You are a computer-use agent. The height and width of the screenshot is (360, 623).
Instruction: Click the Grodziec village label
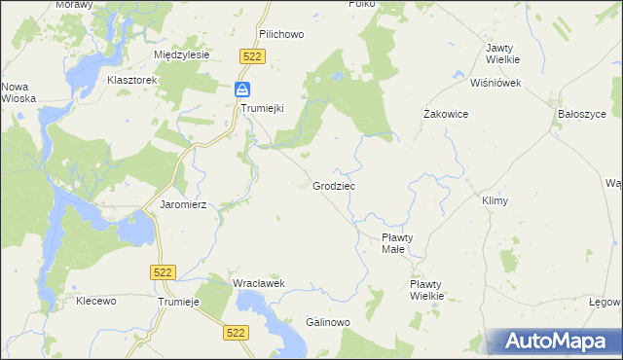click(334, 185)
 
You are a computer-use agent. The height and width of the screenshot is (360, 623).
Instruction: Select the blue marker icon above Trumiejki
click(241, 90)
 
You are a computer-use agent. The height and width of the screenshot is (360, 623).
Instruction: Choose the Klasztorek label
click(133, 79)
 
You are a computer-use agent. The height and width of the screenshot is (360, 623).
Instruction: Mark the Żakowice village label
click(447, 114)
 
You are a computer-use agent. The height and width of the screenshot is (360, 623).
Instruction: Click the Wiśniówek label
click(496, 83)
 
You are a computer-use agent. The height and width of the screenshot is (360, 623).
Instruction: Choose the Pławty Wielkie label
click(426, 289)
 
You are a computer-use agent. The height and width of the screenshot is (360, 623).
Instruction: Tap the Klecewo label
click(96, 301)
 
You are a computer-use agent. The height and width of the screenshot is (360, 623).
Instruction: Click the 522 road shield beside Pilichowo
click(252, 57)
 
